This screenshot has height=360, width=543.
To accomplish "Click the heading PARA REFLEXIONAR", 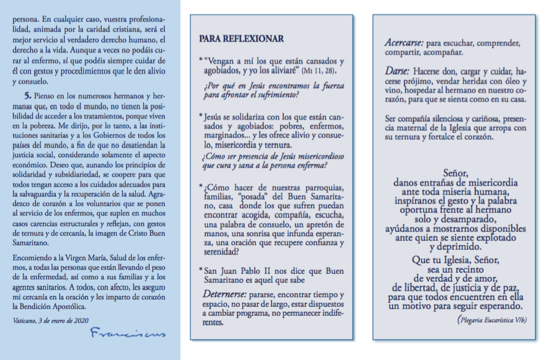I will tap(241, 39).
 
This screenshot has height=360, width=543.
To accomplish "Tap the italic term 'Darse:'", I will tap(398, 72).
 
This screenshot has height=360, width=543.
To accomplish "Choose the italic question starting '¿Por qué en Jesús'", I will tap(272, 91).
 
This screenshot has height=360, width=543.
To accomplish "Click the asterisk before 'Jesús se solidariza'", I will tap(201, 115).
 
